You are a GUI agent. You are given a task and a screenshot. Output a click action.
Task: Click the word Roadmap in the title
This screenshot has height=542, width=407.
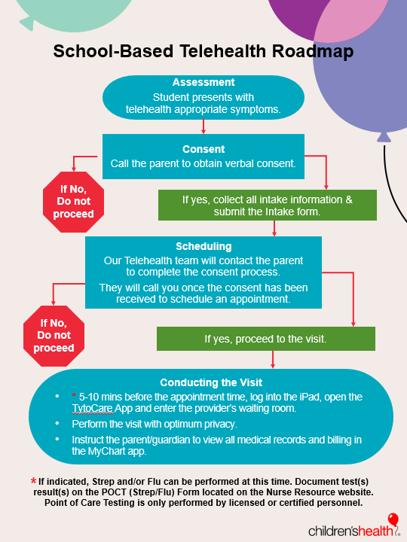click(x=313, y=51)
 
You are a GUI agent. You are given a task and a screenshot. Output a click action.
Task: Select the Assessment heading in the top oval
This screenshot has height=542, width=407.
click(x=203, y=82)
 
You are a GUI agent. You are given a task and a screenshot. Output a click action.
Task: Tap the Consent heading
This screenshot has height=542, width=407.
click(x=203, y=149)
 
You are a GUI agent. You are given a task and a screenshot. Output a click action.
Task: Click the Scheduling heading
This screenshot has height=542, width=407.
click(x=203, y=246)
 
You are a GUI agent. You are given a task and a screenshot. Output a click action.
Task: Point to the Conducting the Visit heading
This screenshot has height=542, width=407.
click(x=211, y=382)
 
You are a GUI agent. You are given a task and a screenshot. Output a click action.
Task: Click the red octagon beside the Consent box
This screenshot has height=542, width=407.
click(x=73, y=202)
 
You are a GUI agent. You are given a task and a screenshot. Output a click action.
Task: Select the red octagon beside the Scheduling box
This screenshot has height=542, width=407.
click(x=54, y=336)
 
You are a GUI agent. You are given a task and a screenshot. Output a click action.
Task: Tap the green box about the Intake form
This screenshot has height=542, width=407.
click(x=268, y=205)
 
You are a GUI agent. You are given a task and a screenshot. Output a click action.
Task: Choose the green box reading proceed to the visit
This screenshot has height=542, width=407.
click(x=266, y=339)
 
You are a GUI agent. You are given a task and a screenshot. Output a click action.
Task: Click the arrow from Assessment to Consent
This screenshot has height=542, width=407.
click(x=203, y=126)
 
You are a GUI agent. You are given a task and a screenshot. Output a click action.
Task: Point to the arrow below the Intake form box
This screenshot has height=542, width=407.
click(x=274, y=229)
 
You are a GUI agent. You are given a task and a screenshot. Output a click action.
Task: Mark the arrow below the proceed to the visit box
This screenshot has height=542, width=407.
click(x=273, y=360)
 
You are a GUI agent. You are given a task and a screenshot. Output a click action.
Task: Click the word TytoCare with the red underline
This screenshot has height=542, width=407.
click(x=93, y=408)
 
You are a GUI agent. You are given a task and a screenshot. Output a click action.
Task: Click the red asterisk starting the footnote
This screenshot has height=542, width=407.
click(x=34, y=480)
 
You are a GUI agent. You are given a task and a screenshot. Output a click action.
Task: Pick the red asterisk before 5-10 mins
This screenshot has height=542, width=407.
click(x=74, y=395)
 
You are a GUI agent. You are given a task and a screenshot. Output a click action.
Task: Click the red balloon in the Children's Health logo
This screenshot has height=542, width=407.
click(x=393, y=519)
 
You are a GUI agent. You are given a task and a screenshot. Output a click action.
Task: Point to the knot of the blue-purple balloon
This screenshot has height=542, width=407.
click(x=384, y=138)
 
